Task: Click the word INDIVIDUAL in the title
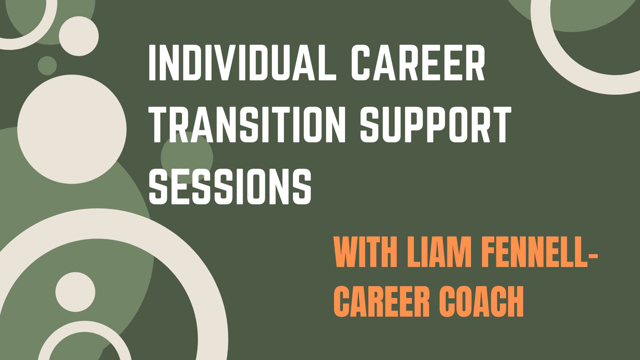[x=243, y=63]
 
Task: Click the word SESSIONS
[x=230, y=186]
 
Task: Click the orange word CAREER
[x=381, y=302]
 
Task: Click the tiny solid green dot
[x=47, y=66]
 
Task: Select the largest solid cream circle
[x=72, y=129]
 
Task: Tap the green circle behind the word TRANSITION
[x=187, y=158]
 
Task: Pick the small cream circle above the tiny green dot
[x=79, y=36]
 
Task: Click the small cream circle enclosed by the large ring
[x=75, y=292]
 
